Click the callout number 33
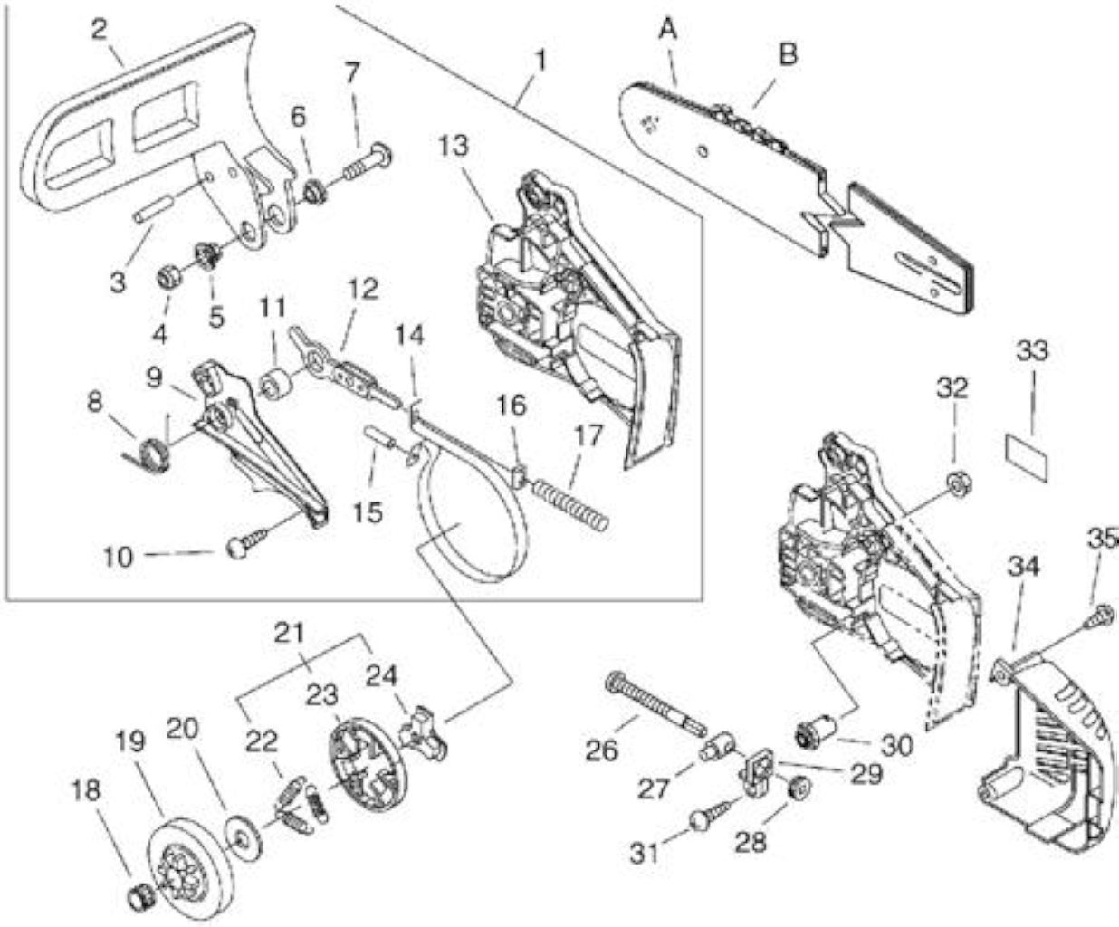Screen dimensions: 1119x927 [x=1032, y=351]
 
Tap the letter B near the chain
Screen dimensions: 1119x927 [x=787, y=54]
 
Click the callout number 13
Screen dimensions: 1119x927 [x=454, y=146]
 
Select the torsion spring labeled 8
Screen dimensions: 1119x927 [x=150, y=447]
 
